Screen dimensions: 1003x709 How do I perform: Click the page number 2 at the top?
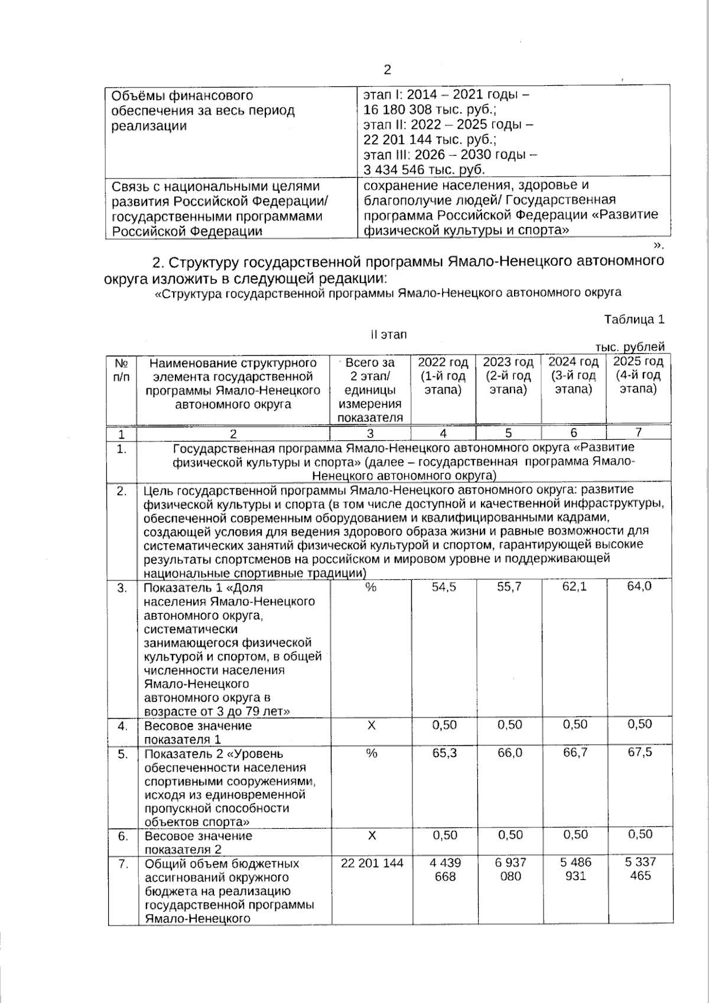(388, 70)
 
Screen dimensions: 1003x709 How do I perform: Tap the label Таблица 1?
(634, 320)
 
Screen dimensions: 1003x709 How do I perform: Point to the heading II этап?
(389, 335)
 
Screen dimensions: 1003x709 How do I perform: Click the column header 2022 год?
(443, 362)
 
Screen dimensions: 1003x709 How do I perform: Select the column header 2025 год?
(638, 362)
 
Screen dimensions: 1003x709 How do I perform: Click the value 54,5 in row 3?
(444, 587)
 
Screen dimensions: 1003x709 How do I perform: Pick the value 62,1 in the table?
(574, 587)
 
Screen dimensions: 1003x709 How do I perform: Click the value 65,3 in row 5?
(444, 754)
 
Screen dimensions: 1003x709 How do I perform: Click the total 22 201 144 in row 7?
(372, 863)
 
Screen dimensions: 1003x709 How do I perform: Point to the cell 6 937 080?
(510, 869)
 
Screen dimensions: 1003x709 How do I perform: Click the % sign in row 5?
(371, 754)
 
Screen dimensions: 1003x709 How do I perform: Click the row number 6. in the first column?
(122, 836)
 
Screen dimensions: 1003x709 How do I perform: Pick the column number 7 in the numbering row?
(638, 433)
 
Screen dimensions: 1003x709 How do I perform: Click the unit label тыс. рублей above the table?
(630, 347)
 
